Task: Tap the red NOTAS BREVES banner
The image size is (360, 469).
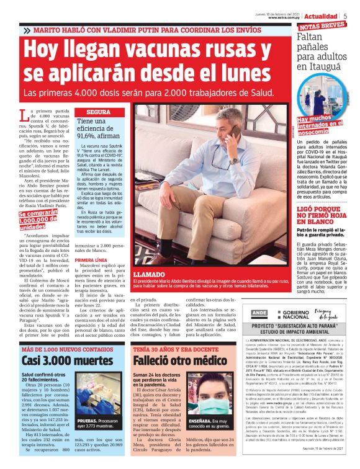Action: (322, 26)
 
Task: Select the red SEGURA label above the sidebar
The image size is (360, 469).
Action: (98, 112)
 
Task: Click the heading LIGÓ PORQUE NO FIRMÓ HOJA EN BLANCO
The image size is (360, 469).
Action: (323, 214)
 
